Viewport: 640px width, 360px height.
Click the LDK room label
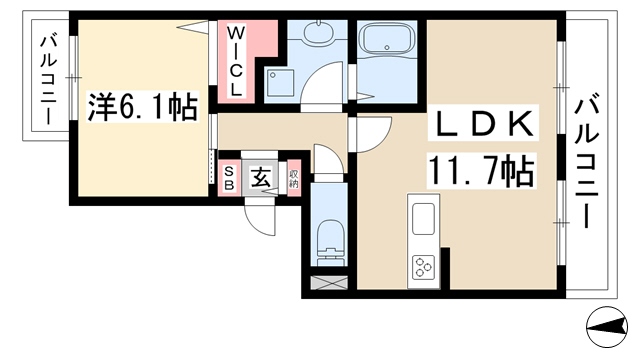pyautogui.click(x=485, y=124)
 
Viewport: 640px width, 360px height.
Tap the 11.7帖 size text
pyautogui.click(x=480, y=171)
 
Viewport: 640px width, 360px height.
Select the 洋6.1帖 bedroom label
pyautogui.click(x=143, y=107)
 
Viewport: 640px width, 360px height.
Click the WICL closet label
pyautogui.click(x=235, y=60)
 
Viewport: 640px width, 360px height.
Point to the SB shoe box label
pyautogui.click(x=229, y=178)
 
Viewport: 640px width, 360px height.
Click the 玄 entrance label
pyautogui.click(x=260, y=177)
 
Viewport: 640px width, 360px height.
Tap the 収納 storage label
pyautogui.click(x=293, y=178)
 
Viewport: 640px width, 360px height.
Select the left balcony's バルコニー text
pyautogui.click(x=49, y=80)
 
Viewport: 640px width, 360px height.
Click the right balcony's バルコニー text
pyautogui.click(x=586, y=160)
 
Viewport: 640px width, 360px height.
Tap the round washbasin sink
pyautogui.click(x=317, y=33)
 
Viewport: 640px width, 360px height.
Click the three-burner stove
pyautogui.click(x=423, y=267)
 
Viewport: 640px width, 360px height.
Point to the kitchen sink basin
pyautogui.click(x=423, y=219)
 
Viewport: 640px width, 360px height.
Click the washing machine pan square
pyautogui.click(x=280, y=82)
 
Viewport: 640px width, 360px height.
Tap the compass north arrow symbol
pyautogui.click(x=607, y=327)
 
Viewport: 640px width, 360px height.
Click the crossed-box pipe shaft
pyautogui.click(x=329, y=283)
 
